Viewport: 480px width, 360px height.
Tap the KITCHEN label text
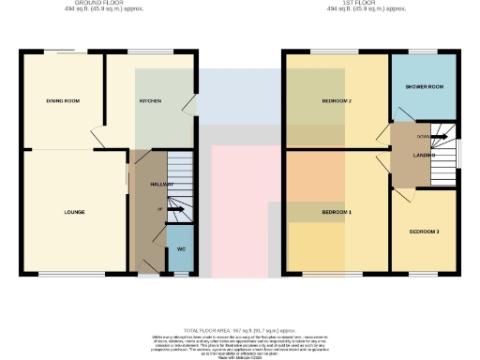click(x=150, y=100)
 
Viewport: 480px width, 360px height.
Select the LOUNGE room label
click(x=74, y=212)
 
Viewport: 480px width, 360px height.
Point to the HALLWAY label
click(x=163, y=184)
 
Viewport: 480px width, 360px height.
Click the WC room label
click(x=181, y=250)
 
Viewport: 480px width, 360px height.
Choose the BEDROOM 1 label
click(x=337, y=213)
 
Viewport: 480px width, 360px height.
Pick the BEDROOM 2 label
click(x=337, y=100)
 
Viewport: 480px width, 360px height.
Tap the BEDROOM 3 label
click(x=424, y=231)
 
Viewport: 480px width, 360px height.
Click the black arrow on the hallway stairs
click(x=172, y=209)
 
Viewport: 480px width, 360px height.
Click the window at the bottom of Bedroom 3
click(x=424, y=275)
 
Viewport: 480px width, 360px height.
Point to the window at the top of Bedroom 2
click(x=328, y=51)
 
